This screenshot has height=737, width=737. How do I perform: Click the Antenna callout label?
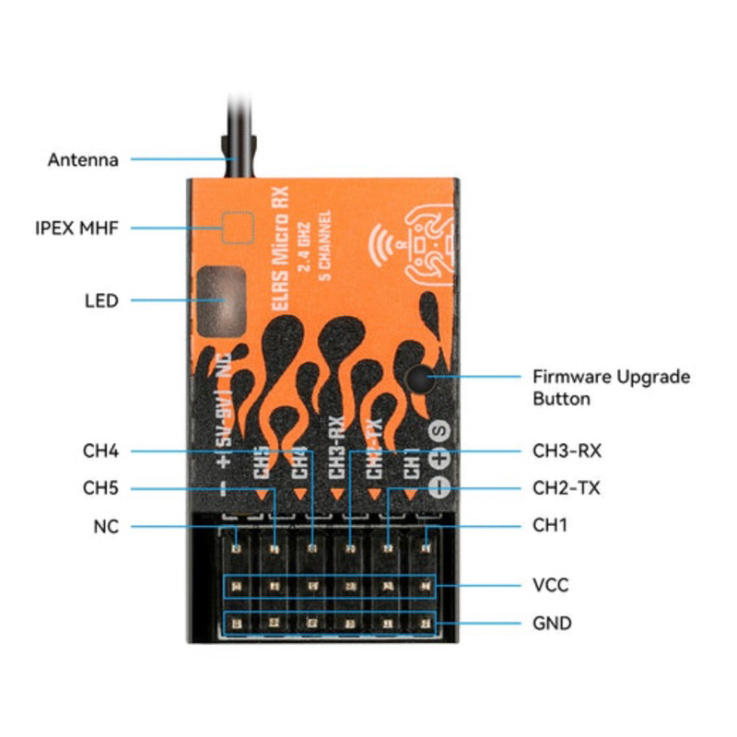click(x=83, y=159)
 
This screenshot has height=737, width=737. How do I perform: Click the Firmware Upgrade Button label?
click(x=611, y=387)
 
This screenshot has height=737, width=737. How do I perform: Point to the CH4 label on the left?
click(x=100, y=450)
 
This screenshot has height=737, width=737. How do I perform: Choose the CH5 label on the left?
click(x=100, y=487)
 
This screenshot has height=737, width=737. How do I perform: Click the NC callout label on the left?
click(x=106, y=527)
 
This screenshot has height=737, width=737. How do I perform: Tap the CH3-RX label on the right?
click(x=567, y=450)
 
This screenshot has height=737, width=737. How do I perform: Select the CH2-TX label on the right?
click(x=567, y=487)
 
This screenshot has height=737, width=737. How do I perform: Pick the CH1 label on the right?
click(x=551, y=526)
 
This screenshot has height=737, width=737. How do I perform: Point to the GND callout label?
click(x=552, y=624)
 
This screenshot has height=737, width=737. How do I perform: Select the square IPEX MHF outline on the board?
click(x=239, y=227)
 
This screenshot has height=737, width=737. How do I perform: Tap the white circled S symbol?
click(x=439, y=431)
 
